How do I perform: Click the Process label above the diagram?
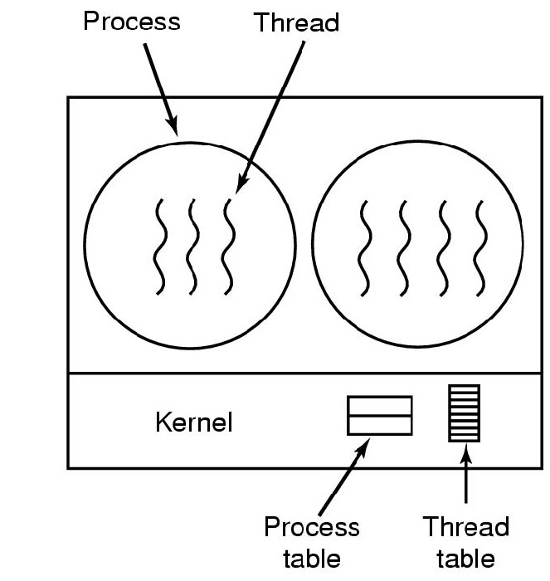pos(132,21)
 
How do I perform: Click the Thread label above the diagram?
pos(296,22)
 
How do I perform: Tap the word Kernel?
pos(194,422)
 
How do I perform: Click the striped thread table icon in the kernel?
pos(465,413)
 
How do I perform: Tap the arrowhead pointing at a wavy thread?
pos(241,185)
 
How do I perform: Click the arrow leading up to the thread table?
pos(466,473)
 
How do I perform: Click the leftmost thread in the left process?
pos(160,247)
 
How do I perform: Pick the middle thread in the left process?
pos(192,247)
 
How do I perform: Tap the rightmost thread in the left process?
pos(228,247)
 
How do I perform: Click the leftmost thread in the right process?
pos(364,248)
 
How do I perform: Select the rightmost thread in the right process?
pos(480,248)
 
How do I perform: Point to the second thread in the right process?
pos(404,248)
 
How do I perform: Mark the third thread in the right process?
pos(444,248)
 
